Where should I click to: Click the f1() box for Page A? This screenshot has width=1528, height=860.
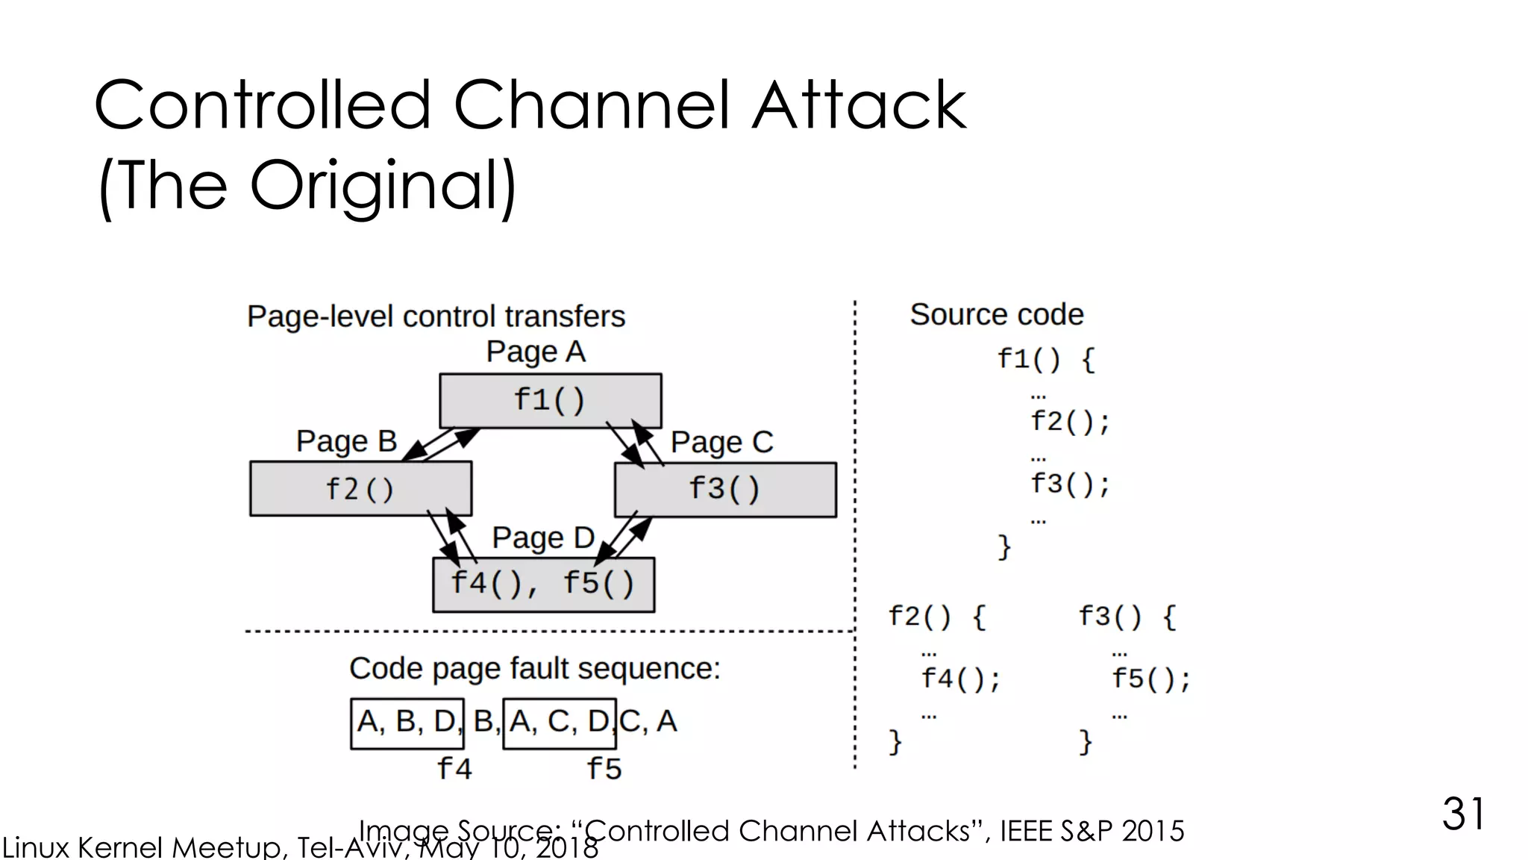pos(550,401)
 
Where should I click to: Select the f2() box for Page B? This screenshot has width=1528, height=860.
pos(360,489)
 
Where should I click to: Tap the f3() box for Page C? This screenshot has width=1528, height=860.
pos(724,490)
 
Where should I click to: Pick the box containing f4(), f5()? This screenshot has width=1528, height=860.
pos(543,585)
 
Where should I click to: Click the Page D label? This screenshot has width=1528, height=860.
pos(542,537)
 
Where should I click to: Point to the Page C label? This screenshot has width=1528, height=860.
pos(721,442)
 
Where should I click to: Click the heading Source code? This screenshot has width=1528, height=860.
pos(996,314)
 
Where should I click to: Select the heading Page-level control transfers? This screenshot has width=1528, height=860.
pos(436,317)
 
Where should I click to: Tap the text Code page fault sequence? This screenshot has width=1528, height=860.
pos(534,668)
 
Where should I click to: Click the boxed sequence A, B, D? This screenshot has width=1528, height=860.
pos(407,723)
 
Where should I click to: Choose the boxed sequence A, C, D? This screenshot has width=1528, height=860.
pos(560,723)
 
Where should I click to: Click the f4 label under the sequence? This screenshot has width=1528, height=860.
pos(454,768)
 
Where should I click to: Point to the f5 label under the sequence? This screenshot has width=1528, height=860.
pos(604,768)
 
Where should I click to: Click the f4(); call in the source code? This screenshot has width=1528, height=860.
pos(960,679)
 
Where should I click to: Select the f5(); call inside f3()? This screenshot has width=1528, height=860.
pos(1150,679)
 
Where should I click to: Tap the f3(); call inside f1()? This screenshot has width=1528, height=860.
pos(1070,484)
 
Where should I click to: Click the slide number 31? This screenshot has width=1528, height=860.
pos(1462,813)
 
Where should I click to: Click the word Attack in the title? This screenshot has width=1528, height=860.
pos(859,105)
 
